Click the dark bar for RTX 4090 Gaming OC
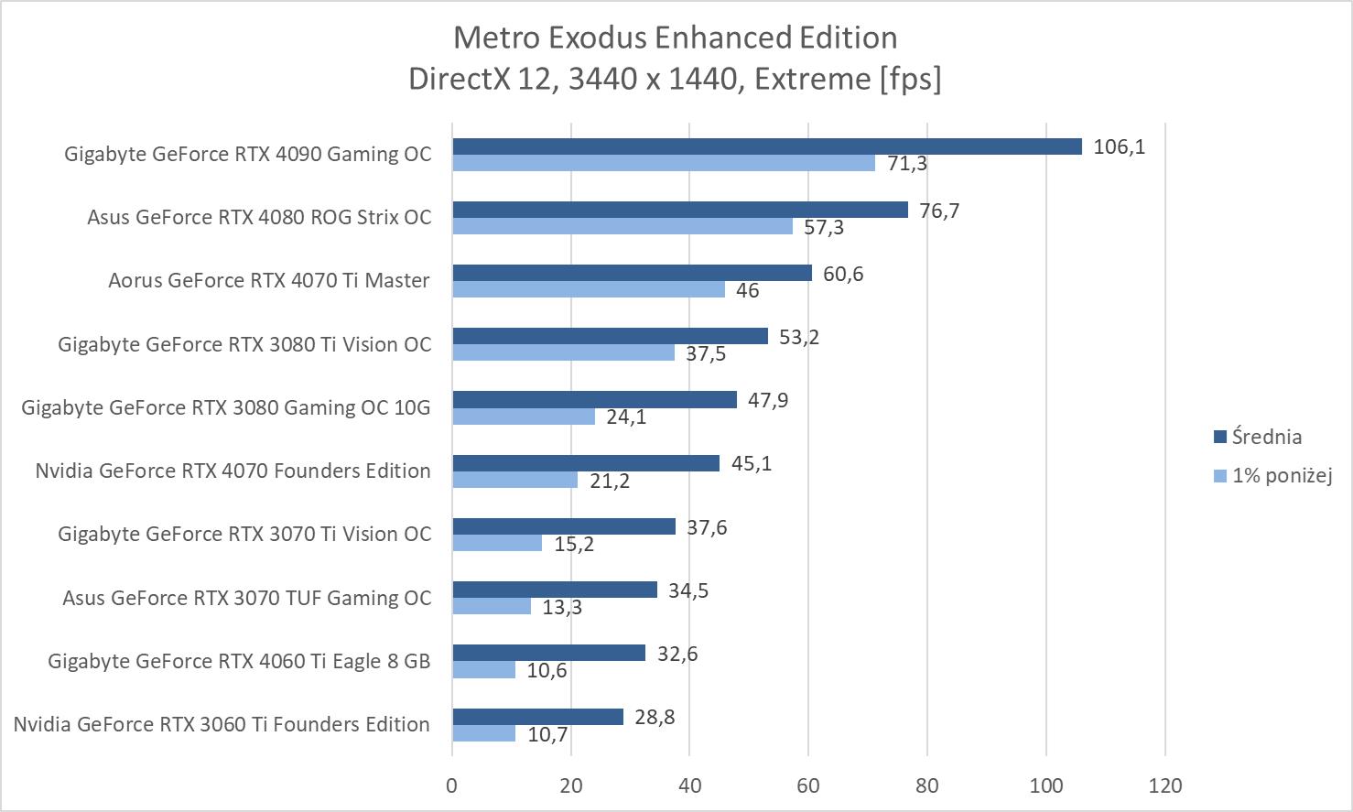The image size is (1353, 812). pos(767,146)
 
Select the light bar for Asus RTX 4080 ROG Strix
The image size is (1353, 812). pos(622,226)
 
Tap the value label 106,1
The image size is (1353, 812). pos(1119,146)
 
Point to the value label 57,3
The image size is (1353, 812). pos(824,227)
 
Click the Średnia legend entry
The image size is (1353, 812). pos(1266,437)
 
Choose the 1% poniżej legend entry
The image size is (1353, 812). pos(1281,475)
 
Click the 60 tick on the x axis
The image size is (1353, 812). pos(808,785)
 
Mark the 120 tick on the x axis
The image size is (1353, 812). pos(1165,785)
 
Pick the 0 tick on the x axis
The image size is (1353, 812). pos(452,785)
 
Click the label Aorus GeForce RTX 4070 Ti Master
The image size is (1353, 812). pos(268,280)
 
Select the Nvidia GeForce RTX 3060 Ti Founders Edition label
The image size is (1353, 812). pos(222,724)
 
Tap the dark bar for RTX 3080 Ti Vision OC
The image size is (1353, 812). pos(610,336)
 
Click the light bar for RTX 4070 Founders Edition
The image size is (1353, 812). pos(514,480)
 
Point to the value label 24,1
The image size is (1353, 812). pos(626,417)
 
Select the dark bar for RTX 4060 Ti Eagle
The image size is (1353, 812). pos(548,653)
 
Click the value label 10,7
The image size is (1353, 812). pos(547,734)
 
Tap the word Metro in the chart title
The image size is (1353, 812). pos(491,38)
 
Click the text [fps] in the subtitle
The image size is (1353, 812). pos(910,79)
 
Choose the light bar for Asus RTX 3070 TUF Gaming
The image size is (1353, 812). pos(492,606)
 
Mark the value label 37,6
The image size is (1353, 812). pos(707,527)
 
